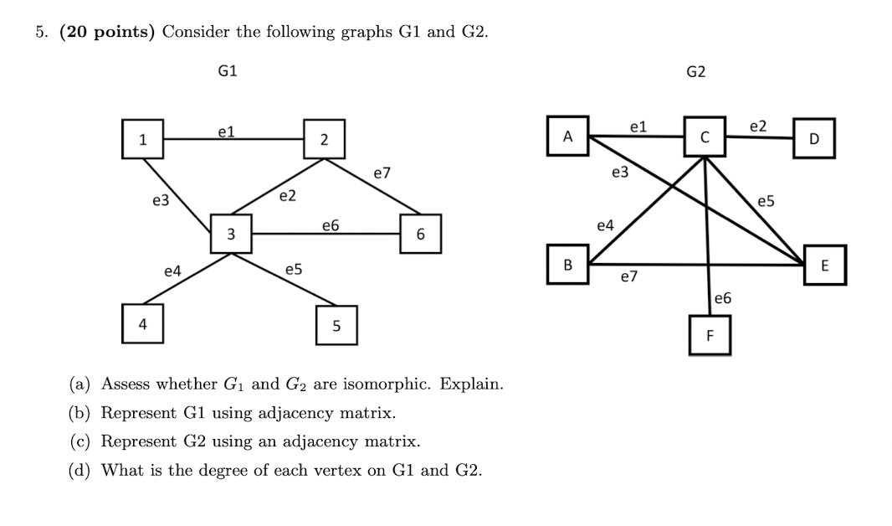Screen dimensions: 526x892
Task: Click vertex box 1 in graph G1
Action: point(143,140)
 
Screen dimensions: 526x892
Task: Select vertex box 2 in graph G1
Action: point(324,139)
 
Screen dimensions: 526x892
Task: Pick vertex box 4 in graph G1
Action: point(143,324)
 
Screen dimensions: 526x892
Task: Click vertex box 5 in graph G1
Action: point(336,326)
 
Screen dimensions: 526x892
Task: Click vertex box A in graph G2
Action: point(569,135)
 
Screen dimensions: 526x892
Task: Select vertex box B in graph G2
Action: point(567,265)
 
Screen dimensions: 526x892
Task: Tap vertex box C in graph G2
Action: point(705,136)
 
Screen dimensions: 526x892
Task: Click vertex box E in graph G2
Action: point(824,266)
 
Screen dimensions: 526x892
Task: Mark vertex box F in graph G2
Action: point(710,336)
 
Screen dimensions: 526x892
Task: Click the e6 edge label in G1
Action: point(331,224)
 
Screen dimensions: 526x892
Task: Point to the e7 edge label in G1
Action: point(382,173)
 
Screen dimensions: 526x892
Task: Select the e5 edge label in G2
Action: point(766,201)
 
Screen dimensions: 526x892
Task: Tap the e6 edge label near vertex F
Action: point(723,298)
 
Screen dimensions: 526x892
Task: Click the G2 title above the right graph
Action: point(695,72)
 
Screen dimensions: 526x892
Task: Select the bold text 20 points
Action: point(108,32)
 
